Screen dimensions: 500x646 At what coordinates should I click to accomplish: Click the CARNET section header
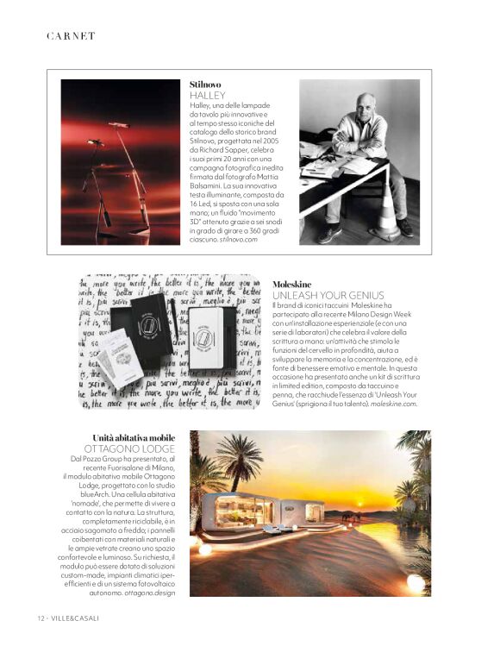coord(71,36)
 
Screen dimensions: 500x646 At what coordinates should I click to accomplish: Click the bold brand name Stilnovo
coord(206,84)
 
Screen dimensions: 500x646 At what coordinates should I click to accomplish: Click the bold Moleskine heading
coord(291,284)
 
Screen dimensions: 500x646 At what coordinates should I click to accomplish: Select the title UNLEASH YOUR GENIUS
coord(324,295)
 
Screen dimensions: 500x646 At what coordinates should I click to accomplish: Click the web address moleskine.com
coord(394,403)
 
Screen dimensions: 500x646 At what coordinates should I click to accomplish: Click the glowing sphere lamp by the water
coord(416,582)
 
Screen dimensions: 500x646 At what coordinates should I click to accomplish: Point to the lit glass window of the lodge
coord(238,511)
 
